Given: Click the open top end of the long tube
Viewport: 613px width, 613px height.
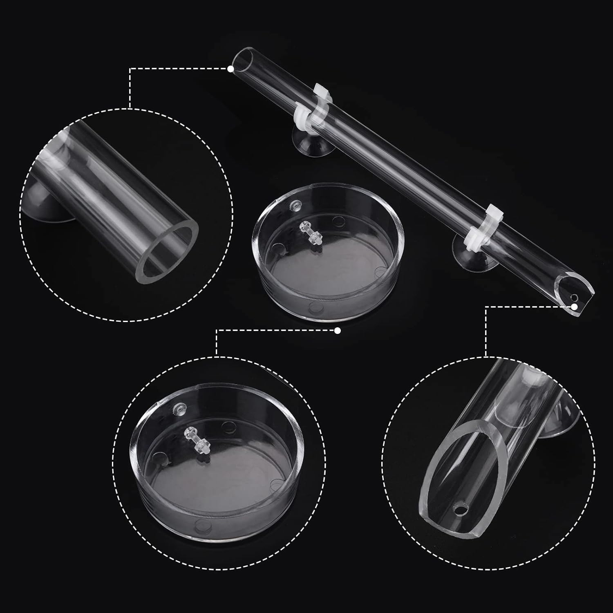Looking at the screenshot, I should [241, 61].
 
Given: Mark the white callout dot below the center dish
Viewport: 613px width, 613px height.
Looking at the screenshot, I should [337, 331].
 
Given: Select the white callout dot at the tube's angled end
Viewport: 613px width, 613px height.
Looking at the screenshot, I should [575, 306].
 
